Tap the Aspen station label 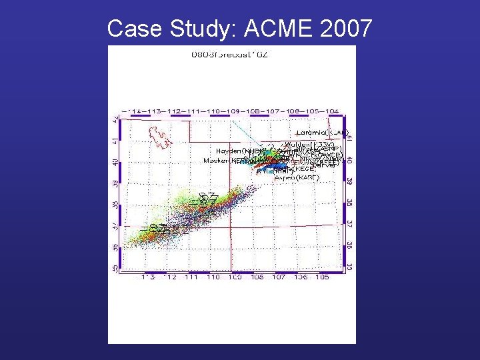tap(297, 178)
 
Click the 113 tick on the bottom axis tap(147, 277)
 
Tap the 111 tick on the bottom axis tap(191, 277)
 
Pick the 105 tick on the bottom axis tap(322, 277)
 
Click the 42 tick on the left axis tap(115, 121)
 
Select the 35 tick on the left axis tap(115, 268)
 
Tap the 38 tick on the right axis tap(348, 203)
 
